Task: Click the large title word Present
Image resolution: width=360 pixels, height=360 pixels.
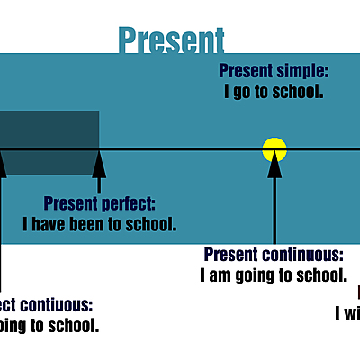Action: point(171,40)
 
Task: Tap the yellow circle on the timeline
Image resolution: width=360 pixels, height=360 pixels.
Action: point(274,149)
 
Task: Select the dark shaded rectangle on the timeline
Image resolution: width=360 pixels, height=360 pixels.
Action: point(49,142)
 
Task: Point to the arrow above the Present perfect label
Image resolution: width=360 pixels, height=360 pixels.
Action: point(99,171)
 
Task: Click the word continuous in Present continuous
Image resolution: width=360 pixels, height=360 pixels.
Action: point(305,255)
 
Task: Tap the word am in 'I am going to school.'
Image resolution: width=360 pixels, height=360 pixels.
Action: point(220,274)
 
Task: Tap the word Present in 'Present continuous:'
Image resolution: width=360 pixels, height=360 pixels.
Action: point(234,255)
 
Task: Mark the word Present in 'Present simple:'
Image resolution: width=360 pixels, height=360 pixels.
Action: point(247,70)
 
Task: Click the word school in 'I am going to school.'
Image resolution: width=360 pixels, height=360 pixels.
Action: point(322,274)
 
